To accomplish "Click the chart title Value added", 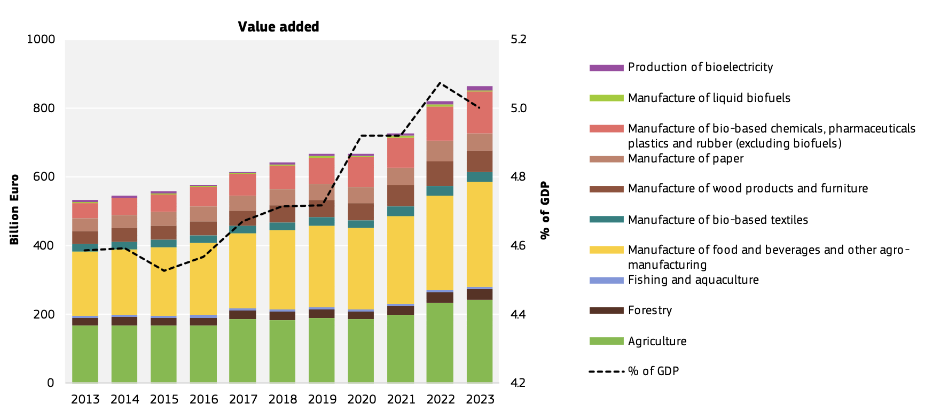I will (x=278, y=27).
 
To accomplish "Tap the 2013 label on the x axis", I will (x=85, y=399).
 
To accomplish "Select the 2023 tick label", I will (x=480, y=399).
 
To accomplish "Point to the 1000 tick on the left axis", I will (x=41, y=39).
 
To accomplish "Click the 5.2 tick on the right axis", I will (x=518, y=39).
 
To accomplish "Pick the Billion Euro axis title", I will (x=14, y=210).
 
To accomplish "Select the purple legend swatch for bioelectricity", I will (x=606, y=68).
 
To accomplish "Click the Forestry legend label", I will (x=650, y=311).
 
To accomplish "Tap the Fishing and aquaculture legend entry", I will (x=693, y=280).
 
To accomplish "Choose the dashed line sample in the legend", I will (x=606, y=371).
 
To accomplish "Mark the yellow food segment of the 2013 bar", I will (x=85, y=283).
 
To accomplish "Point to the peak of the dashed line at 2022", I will (x=440, y=83).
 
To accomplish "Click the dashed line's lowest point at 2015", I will (x=164, y=271).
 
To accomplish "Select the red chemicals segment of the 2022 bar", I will (x=440, y=123).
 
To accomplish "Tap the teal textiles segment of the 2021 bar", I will (x=401, y=211).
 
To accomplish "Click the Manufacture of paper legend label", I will (x=686, y=159).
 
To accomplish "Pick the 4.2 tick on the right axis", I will (x=518, y=383).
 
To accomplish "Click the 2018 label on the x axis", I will (x=283, y=399).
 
